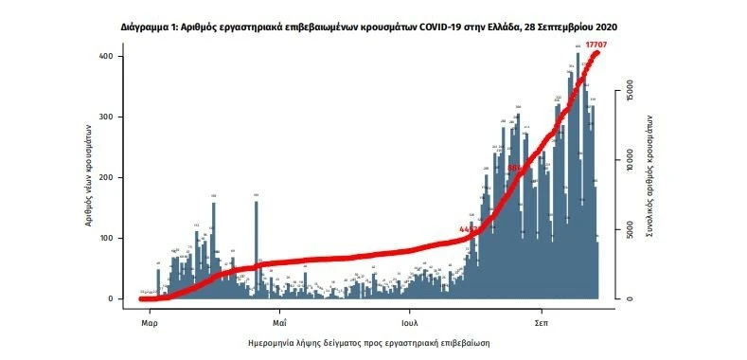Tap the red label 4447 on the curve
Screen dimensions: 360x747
tap(469, 229)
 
